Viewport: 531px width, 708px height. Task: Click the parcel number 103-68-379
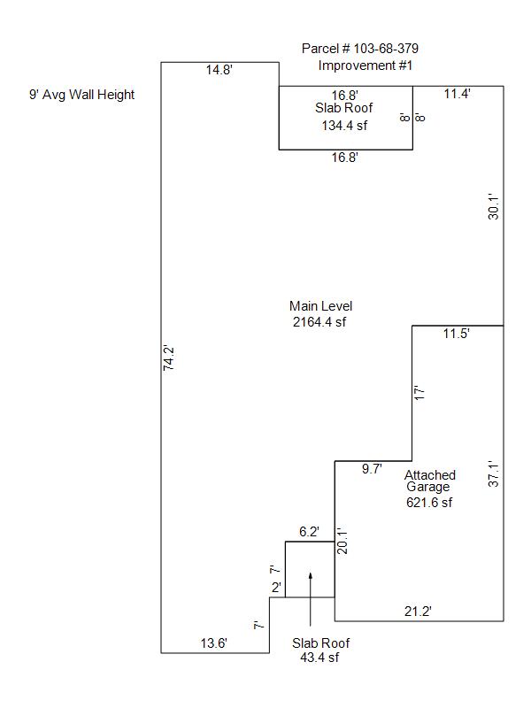386,49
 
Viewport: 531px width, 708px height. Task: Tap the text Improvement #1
366,65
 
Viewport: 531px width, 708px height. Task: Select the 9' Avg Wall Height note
81,95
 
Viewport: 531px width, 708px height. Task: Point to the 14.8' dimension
219,70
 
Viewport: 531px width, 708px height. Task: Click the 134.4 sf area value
344,126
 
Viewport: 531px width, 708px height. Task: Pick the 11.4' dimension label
457,94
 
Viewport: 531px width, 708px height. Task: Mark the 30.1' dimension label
494,207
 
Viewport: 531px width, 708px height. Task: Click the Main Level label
320,306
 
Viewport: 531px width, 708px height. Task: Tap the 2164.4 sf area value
319,322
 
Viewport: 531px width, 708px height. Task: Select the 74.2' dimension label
168,358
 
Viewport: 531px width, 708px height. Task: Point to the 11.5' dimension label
456,334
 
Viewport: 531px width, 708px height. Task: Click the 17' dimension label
419,393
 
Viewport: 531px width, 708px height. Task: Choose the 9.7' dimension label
372,469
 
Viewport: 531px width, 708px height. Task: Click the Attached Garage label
429,481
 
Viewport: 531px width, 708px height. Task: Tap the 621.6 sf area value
429,503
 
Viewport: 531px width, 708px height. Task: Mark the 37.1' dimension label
494,474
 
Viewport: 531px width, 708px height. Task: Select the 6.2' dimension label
309,532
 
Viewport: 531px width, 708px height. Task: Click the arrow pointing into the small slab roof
311,599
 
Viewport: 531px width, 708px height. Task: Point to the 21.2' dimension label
418,612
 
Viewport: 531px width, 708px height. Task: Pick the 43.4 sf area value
319,658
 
